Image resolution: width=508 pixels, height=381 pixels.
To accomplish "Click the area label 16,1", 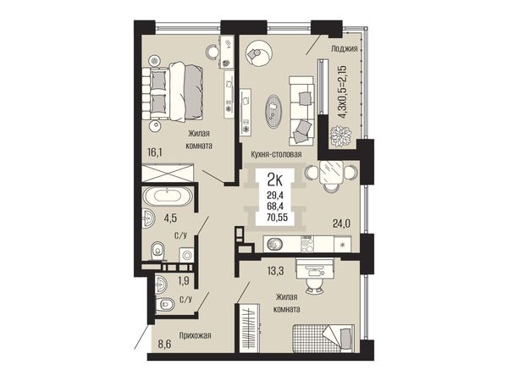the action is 155,152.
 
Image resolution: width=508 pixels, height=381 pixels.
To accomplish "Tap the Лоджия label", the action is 344,49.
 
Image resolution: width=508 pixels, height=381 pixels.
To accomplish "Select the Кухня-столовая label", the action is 276,155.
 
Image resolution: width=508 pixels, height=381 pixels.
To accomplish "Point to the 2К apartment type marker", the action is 275,179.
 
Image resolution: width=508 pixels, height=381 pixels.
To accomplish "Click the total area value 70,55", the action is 276,218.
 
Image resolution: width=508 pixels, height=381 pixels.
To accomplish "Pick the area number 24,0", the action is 341,224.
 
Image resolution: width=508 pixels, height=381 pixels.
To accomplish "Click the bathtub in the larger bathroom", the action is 167,196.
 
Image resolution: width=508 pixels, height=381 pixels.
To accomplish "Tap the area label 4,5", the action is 170,218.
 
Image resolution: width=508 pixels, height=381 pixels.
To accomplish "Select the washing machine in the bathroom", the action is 187,254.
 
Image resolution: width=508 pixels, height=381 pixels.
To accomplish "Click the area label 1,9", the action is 184,281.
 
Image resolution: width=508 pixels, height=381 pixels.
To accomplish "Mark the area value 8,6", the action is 164,344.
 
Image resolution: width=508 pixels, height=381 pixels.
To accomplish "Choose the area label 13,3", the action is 276,271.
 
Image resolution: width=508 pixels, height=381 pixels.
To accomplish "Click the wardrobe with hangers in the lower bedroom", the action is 250,328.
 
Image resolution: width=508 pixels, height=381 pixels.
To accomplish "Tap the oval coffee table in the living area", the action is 273,110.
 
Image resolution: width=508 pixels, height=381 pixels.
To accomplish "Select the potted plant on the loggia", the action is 341,136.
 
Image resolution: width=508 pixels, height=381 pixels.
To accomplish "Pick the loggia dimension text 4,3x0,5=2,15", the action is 342,92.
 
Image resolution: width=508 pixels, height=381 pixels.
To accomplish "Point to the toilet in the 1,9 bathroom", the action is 164,305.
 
